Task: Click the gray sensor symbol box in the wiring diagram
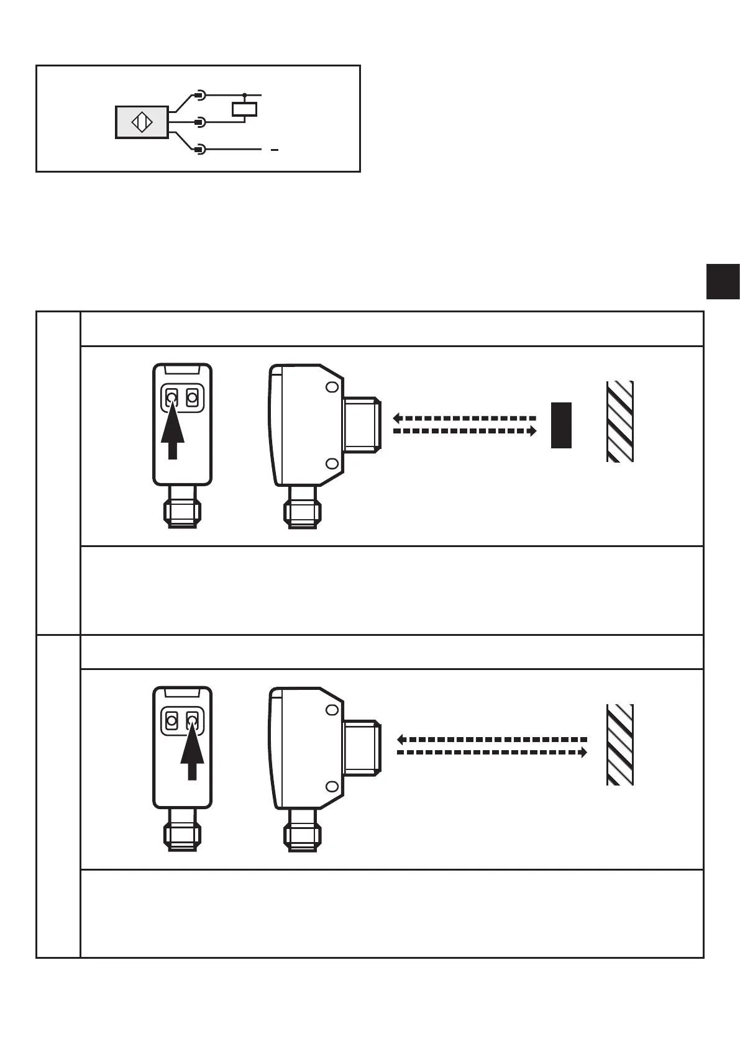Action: coord(142,122)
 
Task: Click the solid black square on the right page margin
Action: coord(723,281)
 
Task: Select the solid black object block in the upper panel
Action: coord(561,425)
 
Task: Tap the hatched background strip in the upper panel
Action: coord(619,421)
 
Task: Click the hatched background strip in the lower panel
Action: coord(619,745)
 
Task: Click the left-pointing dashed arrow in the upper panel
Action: coord(464,419)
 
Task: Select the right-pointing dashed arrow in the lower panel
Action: coord(491,753)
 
